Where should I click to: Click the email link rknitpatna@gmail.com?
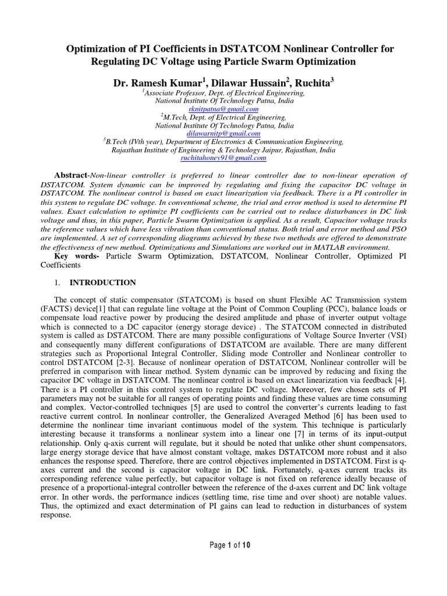pos(223,109)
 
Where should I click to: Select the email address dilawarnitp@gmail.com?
pos(223,133)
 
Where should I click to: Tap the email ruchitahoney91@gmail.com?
pos(223,158)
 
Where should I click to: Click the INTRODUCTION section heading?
pos(103,283)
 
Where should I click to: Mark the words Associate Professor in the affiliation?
pos(172,93)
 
